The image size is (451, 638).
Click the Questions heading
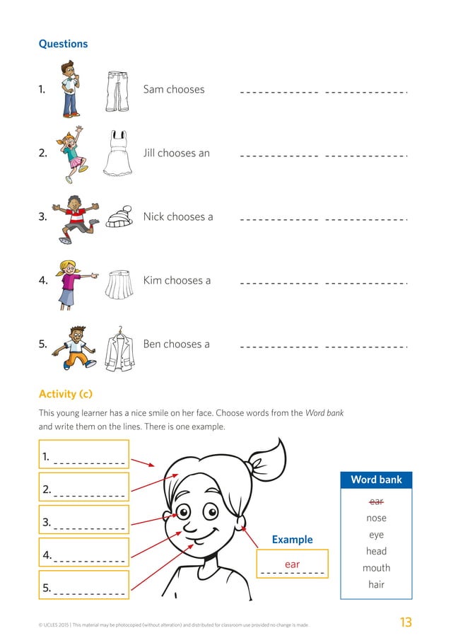[x=63, y=44]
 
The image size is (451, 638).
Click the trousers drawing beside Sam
[x=117, y=91]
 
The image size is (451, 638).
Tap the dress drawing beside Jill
[x=117, y=153]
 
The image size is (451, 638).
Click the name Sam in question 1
[x=153, y=90]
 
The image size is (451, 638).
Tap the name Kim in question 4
[x=153, y=281]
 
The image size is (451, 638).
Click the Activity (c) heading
[x=65, y=394]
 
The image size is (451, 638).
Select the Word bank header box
[x=376, y=480]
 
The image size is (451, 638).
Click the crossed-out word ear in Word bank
[x=376, y=501]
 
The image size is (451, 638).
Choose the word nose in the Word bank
[x=376, y=518]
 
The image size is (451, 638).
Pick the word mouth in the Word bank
[x=376, y=568]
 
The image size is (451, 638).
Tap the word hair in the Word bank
[x=376, y=585]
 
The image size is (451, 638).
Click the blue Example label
[x=292, y=540]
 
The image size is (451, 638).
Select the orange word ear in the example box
[x=292, y=564]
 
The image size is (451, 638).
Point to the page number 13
[x=405, y=622]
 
